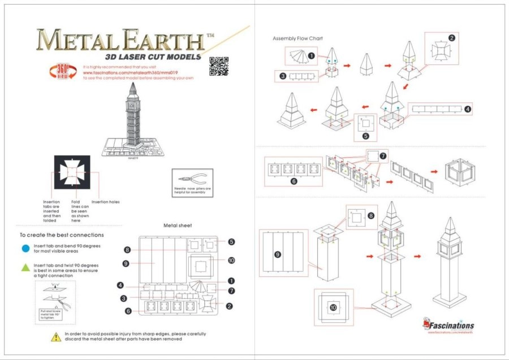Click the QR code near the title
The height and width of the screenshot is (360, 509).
click(x=218, y=65)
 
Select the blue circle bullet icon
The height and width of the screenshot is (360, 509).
click(x=25, y=248)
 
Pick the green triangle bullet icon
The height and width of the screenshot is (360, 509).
click(x=25, y=267)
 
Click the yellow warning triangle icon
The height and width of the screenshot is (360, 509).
click(x=56, y=337)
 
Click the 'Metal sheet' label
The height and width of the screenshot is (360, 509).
click(x=178, y=225)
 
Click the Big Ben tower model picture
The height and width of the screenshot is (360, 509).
click(x=133, y=119)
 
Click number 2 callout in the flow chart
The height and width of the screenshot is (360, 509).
click(x=451, y=38)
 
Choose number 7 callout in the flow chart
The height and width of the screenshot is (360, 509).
click(x=383, y=155)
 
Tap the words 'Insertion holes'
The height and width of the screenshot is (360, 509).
click(x=105, y=202)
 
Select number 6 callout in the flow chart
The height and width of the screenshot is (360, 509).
click(x=294, y=181)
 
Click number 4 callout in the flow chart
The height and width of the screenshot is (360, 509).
click(x=467, y=110)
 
